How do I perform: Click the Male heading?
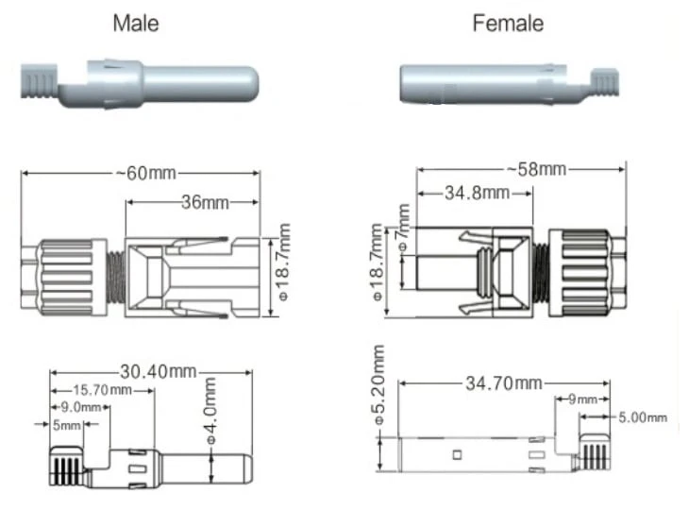[x=136, y=23]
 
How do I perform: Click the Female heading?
[x=508, y=23]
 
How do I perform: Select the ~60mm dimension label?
[x=146, y=173]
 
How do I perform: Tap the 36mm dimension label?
[x=205, y=202]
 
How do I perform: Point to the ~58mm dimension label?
[x=536, y=169]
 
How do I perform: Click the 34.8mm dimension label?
[x=478, y=193]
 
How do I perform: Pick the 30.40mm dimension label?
[x=159, y=372]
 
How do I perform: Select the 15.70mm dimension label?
[x=102, y=390]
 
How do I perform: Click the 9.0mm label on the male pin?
[x=81, y=407]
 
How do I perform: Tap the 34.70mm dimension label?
[x=504, y=383]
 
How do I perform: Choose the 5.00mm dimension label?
[x=643, y=417]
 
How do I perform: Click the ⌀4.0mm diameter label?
[x=210, y=411]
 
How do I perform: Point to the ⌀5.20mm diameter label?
[x=378, y=384]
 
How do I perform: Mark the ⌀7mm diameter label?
[x=403, y=228]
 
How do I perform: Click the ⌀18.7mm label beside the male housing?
[x=284, y=262]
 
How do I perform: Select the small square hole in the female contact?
[x=457, y=454]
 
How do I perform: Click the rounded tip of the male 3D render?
[x=250, y=83]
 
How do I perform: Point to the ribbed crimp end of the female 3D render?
[x=605, y=82]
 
